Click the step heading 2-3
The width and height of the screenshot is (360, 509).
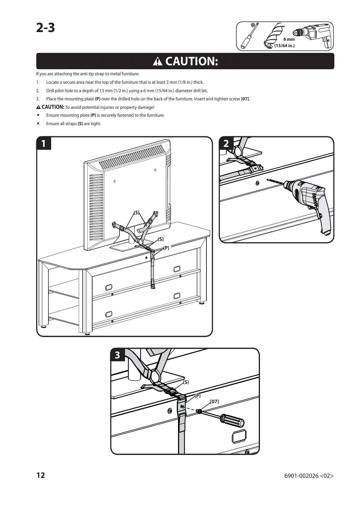point(46,28)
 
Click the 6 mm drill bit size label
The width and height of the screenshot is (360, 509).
point(289,39)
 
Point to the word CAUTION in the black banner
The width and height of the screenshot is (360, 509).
point(191,61)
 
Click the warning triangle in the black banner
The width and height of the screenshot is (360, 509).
point(158,62)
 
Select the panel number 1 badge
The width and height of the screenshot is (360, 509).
point(44,144)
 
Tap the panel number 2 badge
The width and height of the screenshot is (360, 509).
point(226,144)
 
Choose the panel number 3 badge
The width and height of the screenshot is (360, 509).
point(117,355)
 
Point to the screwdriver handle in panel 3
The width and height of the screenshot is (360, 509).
point(233,421)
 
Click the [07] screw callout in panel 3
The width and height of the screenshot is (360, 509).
point(214,401)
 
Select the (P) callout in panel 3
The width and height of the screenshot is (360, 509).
point(198,395)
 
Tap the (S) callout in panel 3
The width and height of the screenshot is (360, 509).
point(186,382)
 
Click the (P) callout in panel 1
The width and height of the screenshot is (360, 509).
point(166,248)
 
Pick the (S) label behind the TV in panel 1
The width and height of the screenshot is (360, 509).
point(137,212)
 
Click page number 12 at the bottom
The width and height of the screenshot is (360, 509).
point(41,475)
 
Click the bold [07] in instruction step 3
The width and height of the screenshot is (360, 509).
point(245,99)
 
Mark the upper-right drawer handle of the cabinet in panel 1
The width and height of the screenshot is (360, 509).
point(177,268)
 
